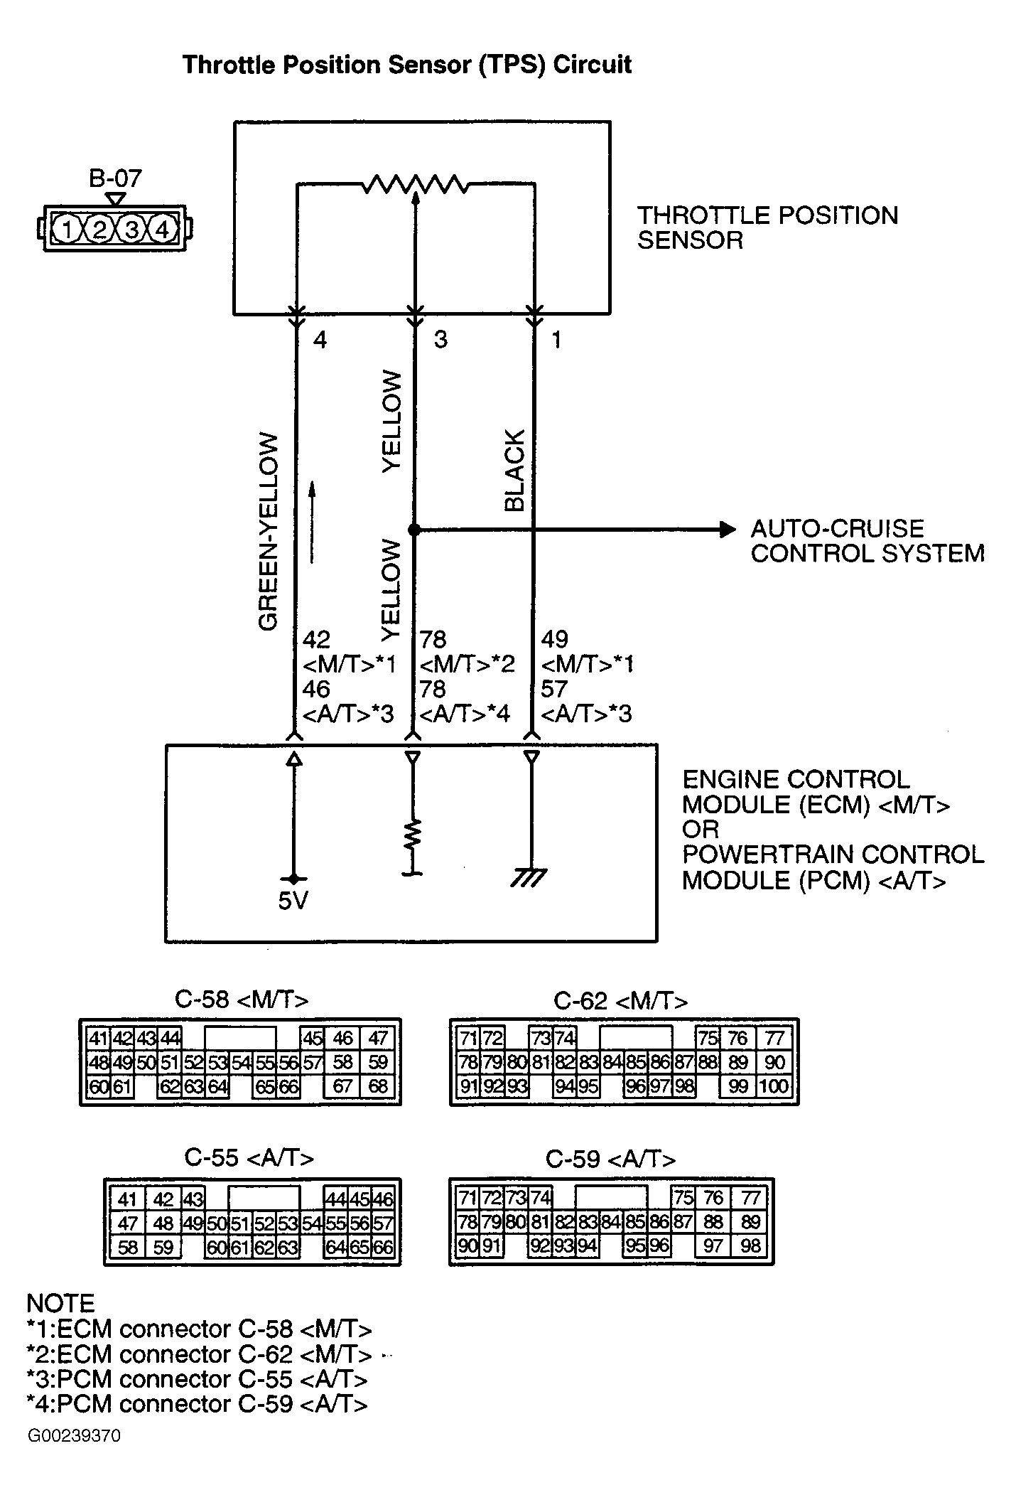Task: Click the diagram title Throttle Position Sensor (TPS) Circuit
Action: pyautogui.click(x=406, y=65)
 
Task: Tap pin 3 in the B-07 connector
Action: pyautogui.click(x=131, y=230)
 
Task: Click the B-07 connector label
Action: pyautogui.click(x=115, y=178)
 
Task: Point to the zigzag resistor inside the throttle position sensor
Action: pyautogui.click(x=415, y=186)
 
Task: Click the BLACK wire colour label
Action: pyautogui.click(x=514, y=470)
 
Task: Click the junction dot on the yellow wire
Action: pyautogui.click(x=413, y=530)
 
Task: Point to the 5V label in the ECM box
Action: pyautogui.click(x=293, y=901)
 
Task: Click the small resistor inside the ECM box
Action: pyautogui.click(x=413, y=835)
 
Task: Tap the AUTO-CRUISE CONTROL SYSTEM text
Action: pyautogui.click(x=867, y=541)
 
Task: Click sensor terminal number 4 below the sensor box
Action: pyautogui.click(x=320, y=341)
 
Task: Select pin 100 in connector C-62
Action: pyautogui.click(x=774, y=1086)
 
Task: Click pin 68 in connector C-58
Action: pyautogui.click(x=378, y=1086)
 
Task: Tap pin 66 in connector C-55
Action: pyautogui.click(x=383, y=1247)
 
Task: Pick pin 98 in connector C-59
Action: pyautogui.click(x=750, y=1245)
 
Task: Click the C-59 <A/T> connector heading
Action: pyautogui.click(x=610, y=1159)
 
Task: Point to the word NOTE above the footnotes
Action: pyautogui.click(x=60, y=1304)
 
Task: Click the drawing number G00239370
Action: pyautogui.click(x=74, y=1436)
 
